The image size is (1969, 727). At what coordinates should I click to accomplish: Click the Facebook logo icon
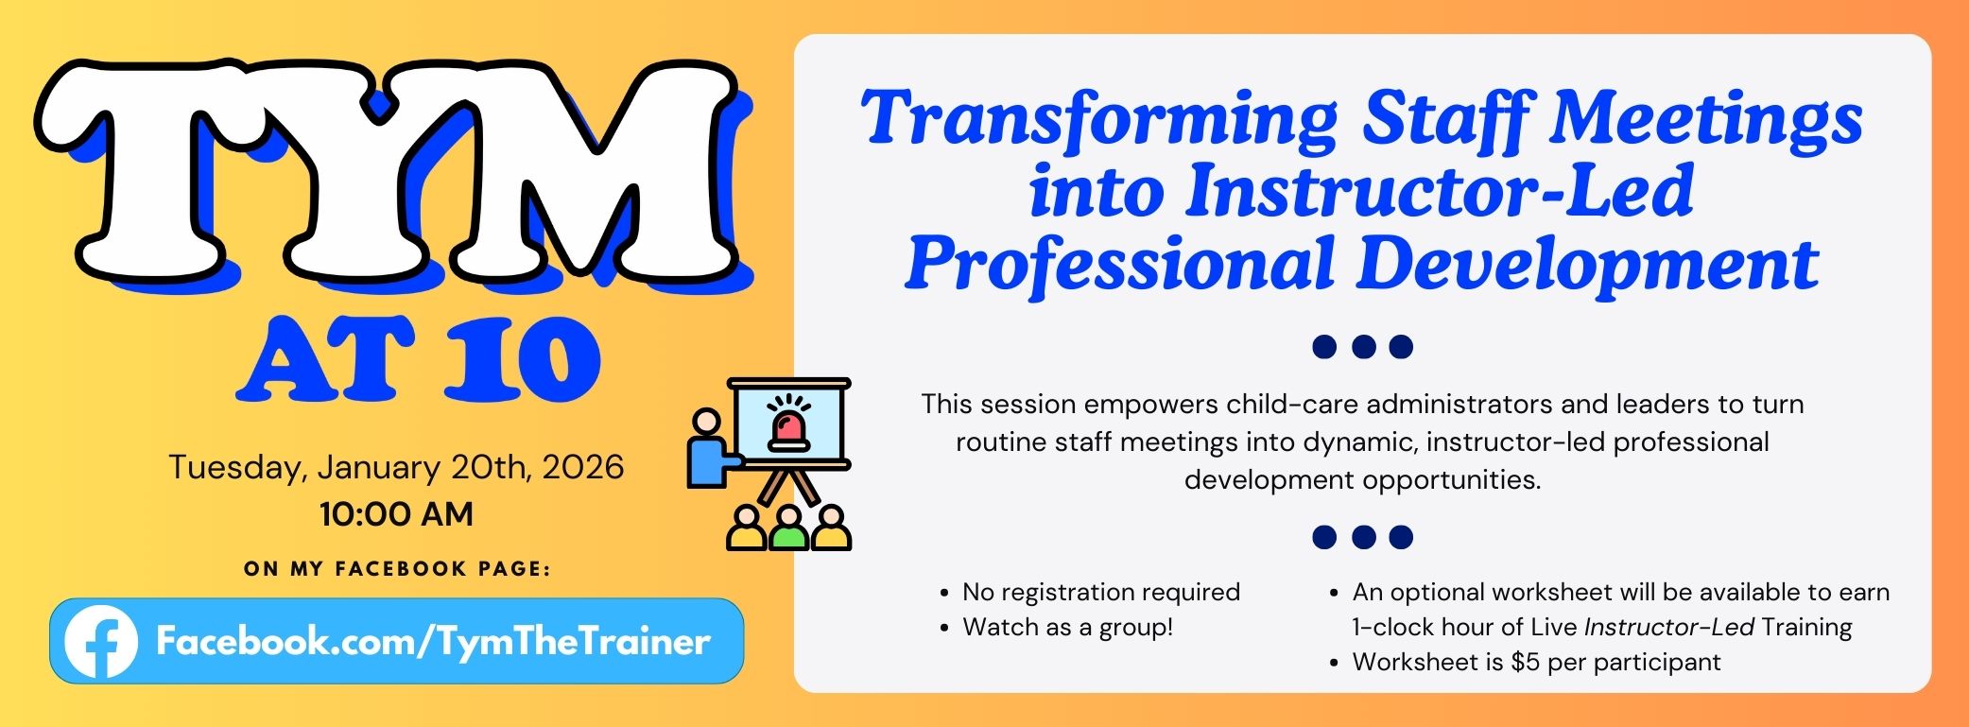100,642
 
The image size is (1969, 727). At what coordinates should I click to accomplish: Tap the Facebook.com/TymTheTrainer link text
432,642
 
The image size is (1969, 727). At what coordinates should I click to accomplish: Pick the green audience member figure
788,529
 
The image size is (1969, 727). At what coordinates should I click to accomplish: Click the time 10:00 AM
396,514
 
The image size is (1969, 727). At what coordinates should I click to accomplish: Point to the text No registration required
1100,592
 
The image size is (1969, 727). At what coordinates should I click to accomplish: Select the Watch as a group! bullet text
1067,627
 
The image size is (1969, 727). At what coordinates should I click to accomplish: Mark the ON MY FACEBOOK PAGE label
397,569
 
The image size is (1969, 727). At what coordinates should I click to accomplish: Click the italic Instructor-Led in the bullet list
1668,627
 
